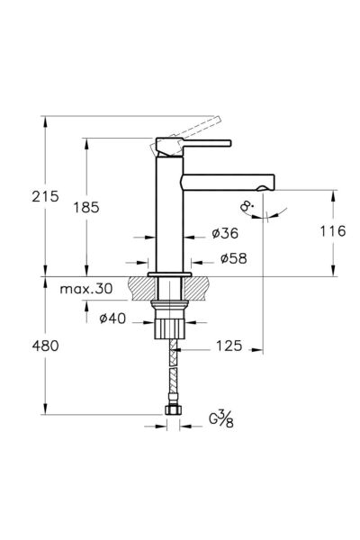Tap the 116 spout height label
tap(332, 231)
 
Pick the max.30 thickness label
tap(87, 290)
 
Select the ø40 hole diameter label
tap(112, 318)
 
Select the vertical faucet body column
tap(168, 216)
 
